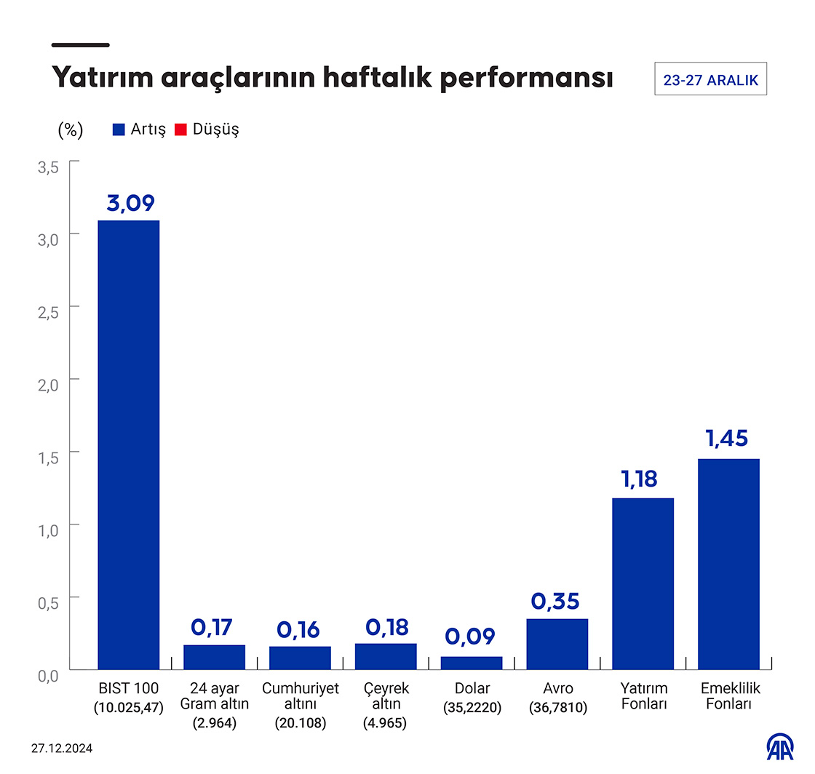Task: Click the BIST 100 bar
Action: click(129, 444)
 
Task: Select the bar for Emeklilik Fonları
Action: click(728, 564)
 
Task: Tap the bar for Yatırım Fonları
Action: click(643, 583)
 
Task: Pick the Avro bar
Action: click(557, 644)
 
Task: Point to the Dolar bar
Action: click(472, 663)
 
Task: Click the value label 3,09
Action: click(131, 203)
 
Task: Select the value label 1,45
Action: click(726, 439)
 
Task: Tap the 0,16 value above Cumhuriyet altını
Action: click(299, 629)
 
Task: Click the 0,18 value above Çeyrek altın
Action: click(386, 627)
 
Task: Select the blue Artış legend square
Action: click(119, 129)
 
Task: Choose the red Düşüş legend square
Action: click(181, 129)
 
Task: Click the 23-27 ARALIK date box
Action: click(711, 79)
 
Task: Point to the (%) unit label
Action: click(70, 129)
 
